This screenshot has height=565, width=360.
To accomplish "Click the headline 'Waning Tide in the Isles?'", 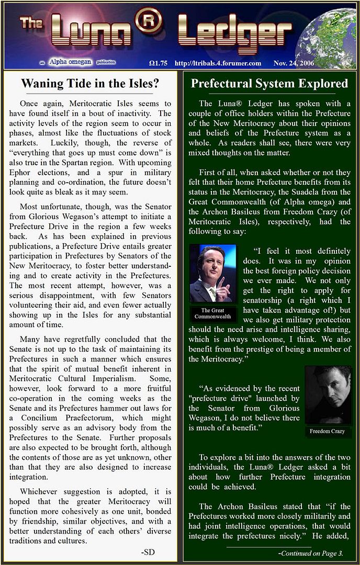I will point(90,84).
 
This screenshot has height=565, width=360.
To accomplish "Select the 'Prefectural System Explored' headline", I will point(269,84).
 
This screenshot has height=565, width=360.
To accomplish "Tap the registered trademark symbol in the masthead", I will point(148,22).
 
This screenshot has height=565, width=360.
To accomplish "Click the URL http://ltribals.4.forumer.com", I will point(218,63).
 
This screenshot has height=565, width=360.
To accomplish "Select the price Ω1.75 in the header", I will point(158,63).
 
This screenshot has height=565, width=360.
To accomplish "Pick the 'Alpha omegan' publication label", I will point(70,62).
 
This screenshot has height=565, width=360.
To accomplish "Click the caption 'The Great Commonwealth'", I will point(212,313).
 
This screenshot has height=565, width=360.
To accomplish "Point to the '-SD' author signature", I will point(148,552).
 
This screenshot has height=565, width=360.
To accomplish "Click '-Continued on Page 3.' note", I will point(310,553).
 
